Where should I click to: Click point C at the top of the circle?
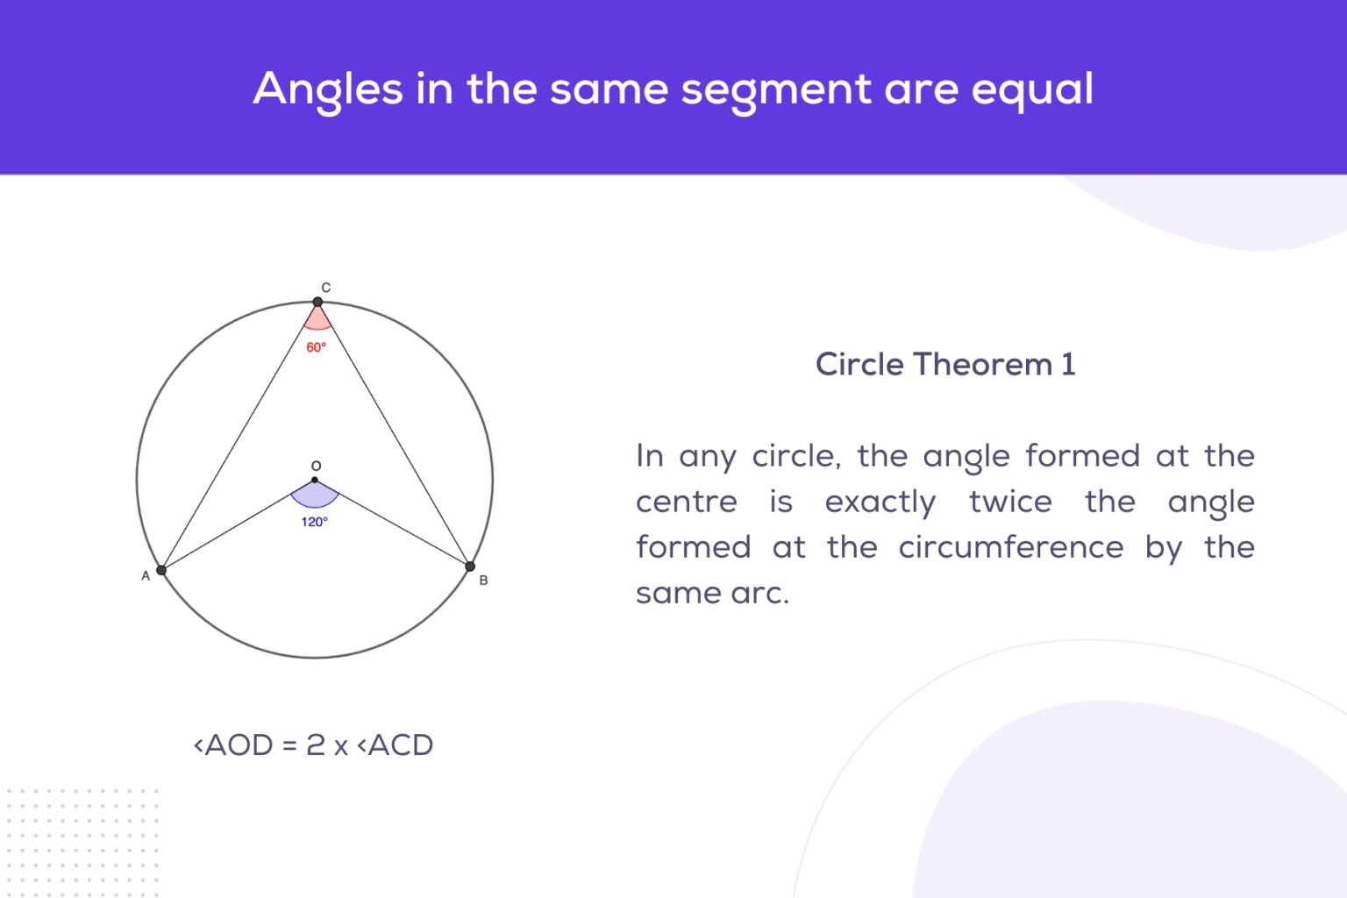coord(317,302)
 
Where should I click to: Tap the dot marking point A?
coord(161,570)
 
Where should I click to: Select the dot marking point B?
coord(470,567)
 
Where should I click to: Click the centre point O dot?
coord(315,480)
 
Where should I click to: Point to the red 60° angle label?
coord(316,347)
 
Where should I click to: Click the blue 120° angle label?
coord(314,522)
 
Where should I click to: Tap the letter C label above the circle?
coord(325,288)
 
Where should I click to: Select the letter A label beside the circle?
coord(146,576)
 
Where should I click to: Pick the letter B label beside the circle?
coord(483,581)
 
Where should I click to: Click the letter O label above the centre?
coord(316,466)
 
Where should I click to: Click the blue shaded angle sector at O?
coord(315,495)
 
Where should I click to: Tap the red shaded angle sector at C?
coord(317,319)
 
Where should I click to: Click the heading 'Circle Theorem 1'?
coord(945,364)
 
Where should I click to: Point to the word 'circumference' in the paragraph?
coord(1010,547)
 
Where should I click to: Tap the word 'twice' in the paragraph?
coord(1010,502)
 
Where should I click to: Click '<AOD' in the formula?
coord(233,745)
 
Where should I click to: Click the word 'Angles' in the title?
coord(329,90)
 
